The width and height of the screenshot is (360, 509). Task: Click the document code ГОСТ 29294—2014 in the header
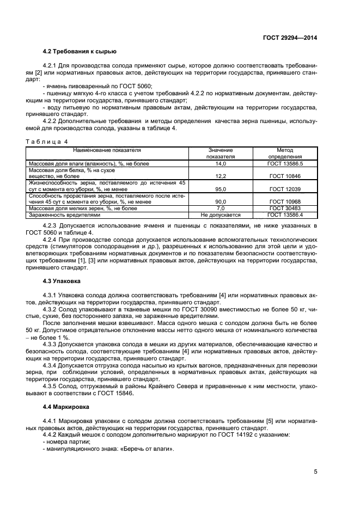click(x=290, y=38)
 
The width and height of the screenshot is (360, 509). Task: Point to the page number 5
click(x=315, y=472)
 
